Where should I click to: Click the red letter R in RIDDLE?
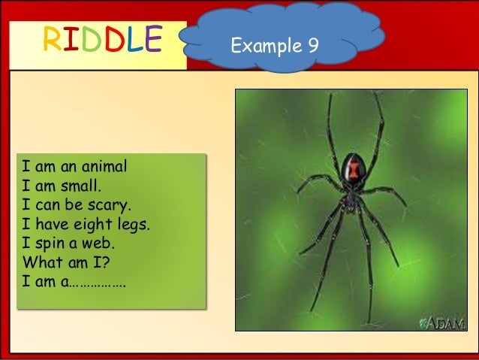[51, 41]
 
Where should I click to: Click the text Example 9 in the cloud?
[275, 46]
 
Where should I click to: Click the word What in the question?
[41, 263]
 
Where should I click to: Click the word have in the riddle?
[49, 225]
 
